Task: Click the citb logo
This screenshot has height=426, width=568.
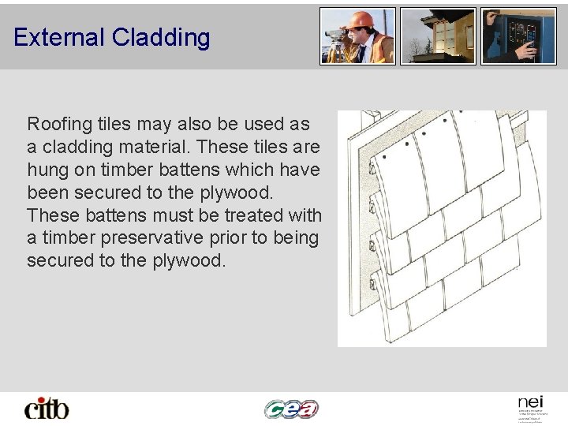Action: pos(47,408)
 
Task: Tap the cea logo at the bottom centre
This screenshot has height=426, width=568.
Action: pos(291,408)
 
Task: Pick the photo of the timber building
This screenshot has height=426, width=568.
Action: pos(438,36)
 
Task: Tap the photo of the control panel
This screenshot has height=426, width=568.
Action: pos(518,36)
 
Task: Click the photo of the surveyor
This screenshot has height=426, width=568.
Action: pos(357,36)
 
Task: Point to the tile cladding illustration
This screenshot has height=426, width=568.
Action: pos(442,229)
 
